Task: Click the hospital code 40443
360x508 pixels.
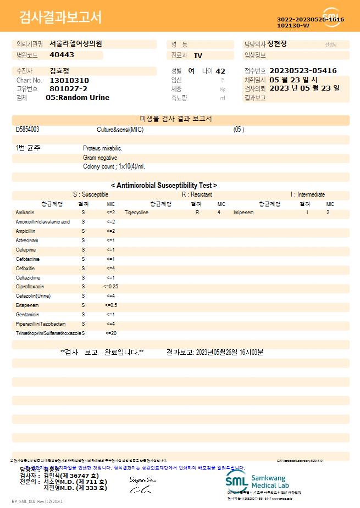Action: click(62, 55)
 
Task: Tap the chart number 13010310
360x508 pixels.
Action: click(69, 80)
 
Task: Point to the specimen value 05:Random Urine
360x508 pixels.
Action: click(77, 97)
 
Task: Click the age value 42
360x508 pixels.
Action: click(220, 71)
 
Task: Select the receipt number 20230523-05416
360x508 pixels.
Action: click(303, 71)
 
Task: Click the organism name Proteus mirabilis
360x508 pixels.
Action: click(103, 148)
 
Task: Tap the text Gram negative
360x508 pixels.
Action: click(100, 158)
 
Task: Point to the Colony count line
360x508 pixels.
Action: click(114, 166)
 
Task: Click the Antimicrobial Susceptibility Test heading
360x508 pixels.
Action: click(164, 186)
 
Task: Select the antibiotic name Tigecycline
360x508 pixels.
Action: click(136, 212)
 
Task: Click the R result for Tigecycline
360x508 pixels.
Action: click(197, 212)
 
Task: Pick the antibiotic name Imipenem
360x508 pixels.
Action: click(243, 212)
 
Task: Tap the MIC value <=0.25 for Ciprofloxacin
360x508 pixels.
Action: click(110, 287)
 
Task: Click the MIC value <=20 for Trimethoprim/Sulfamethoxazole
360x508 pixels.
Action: click(110, 333)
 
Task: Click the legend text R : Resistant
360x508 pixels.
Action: click(197, 194)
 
